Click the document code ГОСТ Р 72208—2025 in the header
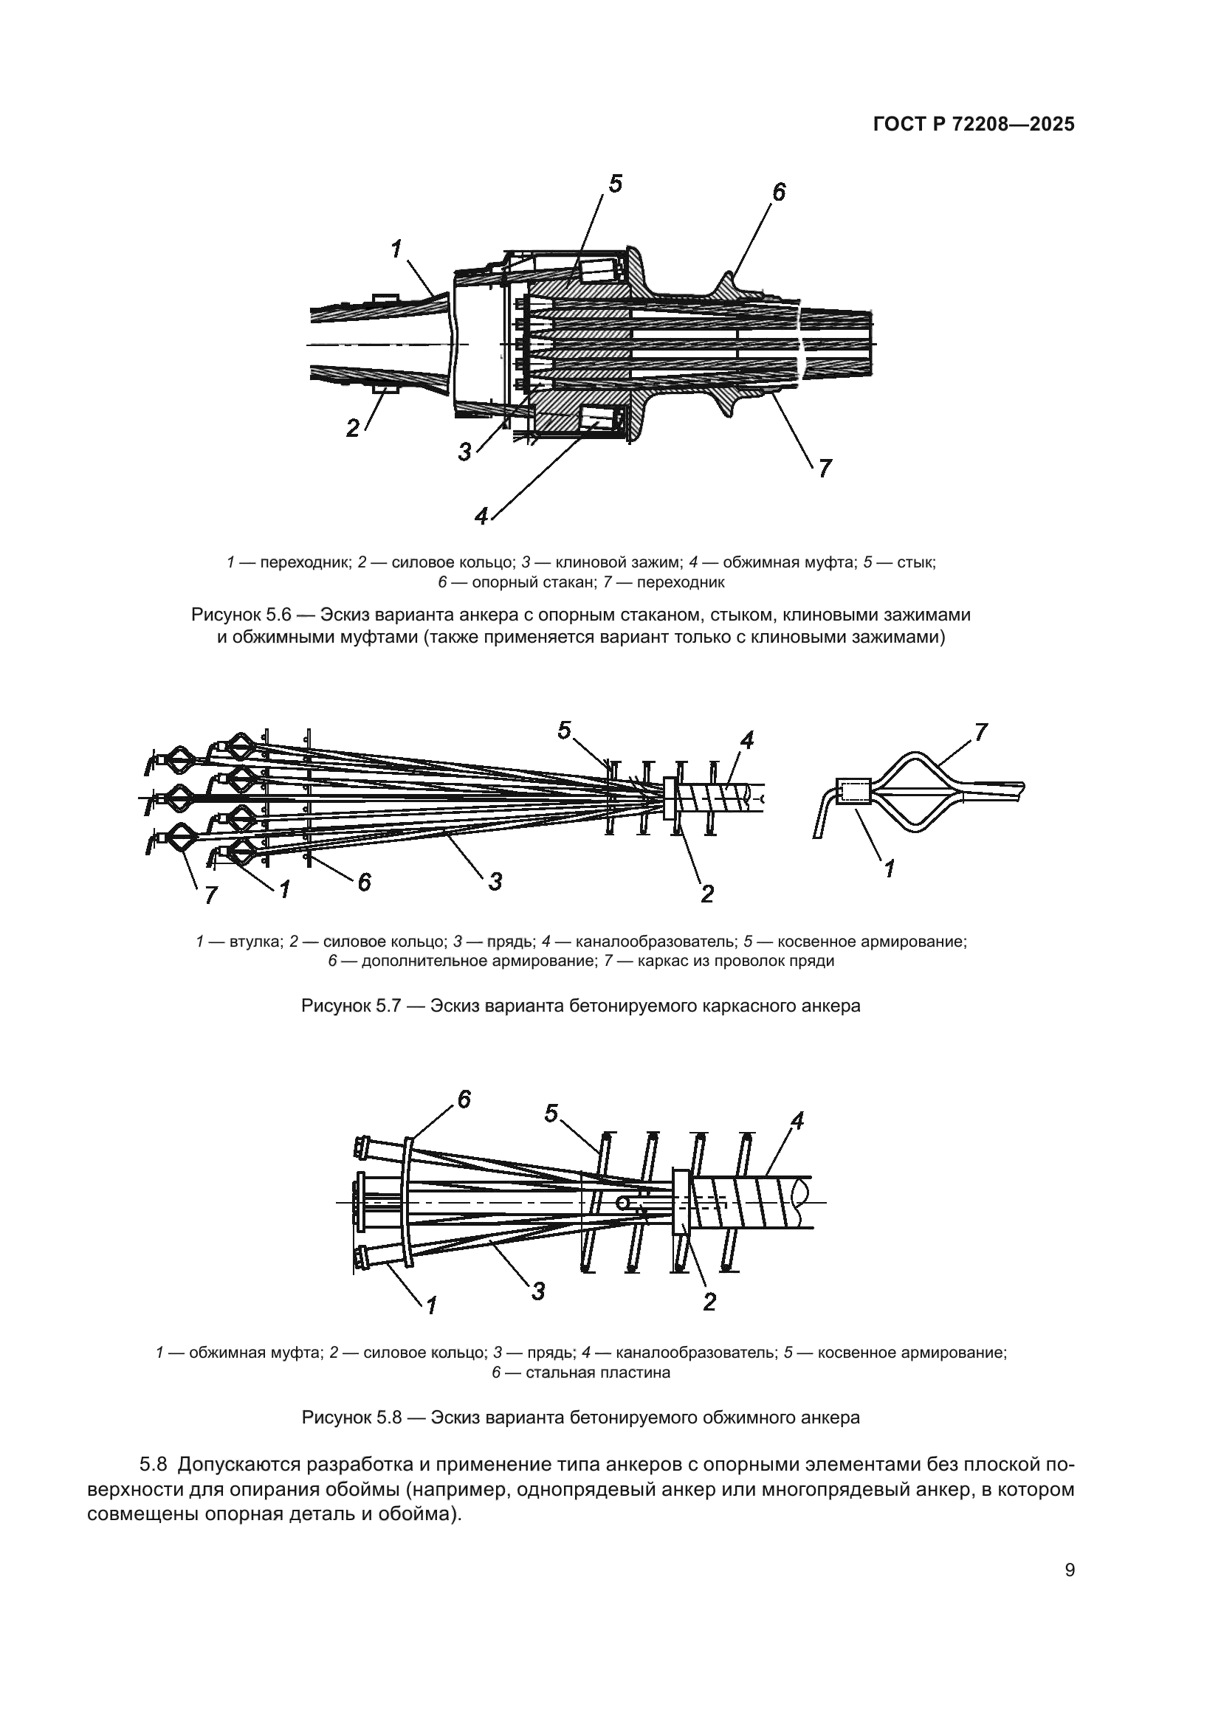pyautogui.click(x=974, y=125)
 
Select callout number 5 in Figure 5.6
pyautogui.click(x=616, y=184)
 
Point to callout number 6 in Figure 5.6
pyautogui.click(x=779, y=193)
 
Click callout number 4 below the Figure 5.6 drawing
pyautogui.click(x=481, y=517)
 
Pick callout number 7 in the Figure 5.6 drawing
pyautogui.click(x=825, y=469)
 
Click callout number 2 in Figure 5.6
pyautogui.click(x=353, y=429)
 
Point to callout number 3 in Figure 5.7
pyautogui.click(x=495, y=881)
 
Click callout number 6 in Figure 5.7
pyautogui.click(x=364, y=882)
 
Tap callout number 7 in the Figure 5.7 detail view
pyautogui.click(x=981, y=731)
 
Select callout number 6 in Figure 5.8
pyautogui.click(x=464, y=1100)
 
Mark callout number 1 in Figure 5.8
pyautogui.click(x=432, y=1306)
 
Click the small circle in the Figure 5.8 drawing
pyautogui.click(x=623, y=1204)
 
